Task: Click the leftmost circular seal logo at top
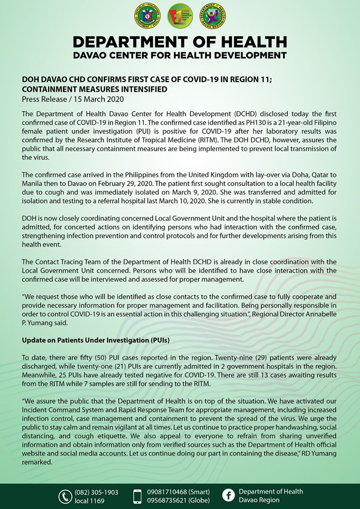coord(147,16)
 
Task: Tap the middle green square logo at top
coord(180,16)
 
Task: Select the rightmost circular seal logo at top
coord(212,16)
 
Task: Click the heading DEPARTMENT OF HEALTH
coord(180,42)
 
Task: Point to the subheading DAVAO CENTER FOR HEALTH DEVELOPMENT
coord(180,55)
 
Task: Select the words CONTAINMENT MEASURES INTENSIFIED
coord(94,89)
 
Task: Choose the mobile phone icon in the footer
coord(138,496)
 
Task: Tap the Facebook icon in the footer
coord(229,496)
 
